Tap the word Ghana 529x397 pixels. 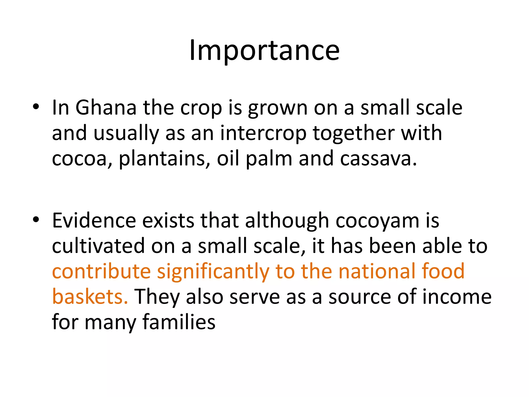(106, 108)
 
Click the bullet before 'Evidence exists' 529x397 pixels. (36, 219)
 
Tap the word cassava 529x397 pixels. (378, 159)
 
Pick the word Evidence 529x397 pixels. (94, 220)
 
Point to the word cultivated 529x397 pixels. (98, 246)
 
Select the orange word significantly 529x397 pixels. (213, 272)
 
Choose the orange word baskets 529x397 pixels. (90, 297)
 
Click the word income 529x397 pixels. (457, 297)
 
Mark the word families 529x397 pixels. (179, 322)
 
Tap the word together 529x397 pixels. (354, 133)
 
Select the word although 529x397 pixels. (287, 220)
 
